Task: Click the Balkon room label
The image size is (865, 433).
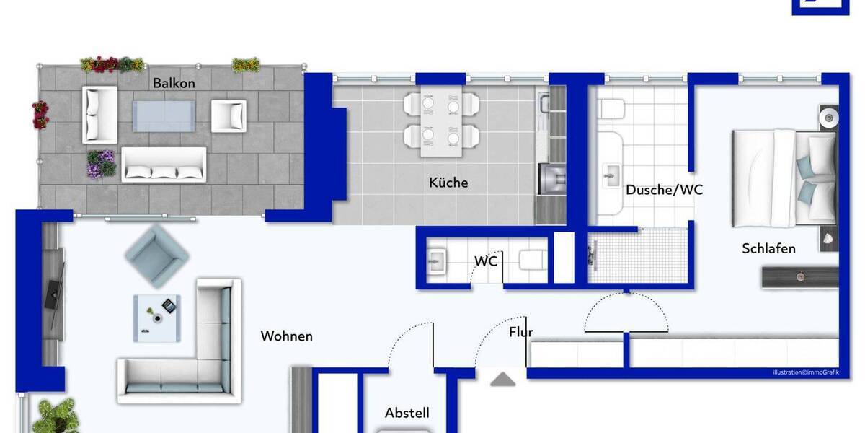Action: (174, 83)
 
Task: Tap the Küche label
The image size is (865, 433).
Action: (448, 183)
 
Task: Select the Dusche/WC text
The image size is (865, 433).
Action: (664, 191)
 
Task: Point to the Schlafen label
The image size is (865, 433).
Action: (768, 248)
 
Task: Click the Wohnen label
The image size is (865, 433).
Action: (287, 336)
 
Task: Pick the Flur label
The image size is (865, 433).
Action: (520, 333)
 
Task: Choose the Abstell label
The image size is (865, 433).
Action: (407, 413)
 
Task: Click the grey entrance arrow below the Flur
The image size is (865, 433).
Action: (503, 379)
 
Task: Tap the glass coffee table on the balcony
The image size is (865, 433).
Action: (164, 115)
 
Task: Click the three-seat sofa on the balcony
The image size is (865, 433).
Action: (164, 164)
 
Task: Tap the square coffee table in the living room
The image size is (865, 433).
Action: (156, 318)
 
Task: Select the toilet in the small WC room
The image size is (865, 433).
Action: (533, 260)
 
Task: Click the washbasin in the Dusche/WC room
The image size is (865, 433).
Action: (612, 174)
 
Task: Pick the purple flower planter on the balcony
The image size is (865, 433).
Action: (102, 164)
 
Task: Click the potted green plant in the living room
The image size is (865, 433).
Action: (56, 416)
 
